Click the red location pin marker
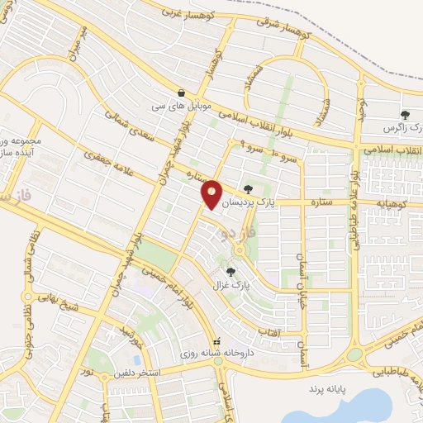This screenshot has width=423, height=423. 211,193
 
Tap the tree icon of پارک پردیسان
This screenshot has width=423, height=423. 249,189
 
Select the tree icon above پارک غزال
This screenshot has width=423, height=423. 231,271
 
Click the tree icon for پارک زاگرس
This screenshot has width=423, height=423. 405,115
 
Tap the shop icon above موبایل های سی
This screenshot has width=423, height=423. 181,93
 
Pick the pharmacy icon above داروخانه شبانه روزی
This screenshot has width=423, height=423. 217,341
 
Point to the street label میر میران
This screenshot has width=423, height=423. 80,41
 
